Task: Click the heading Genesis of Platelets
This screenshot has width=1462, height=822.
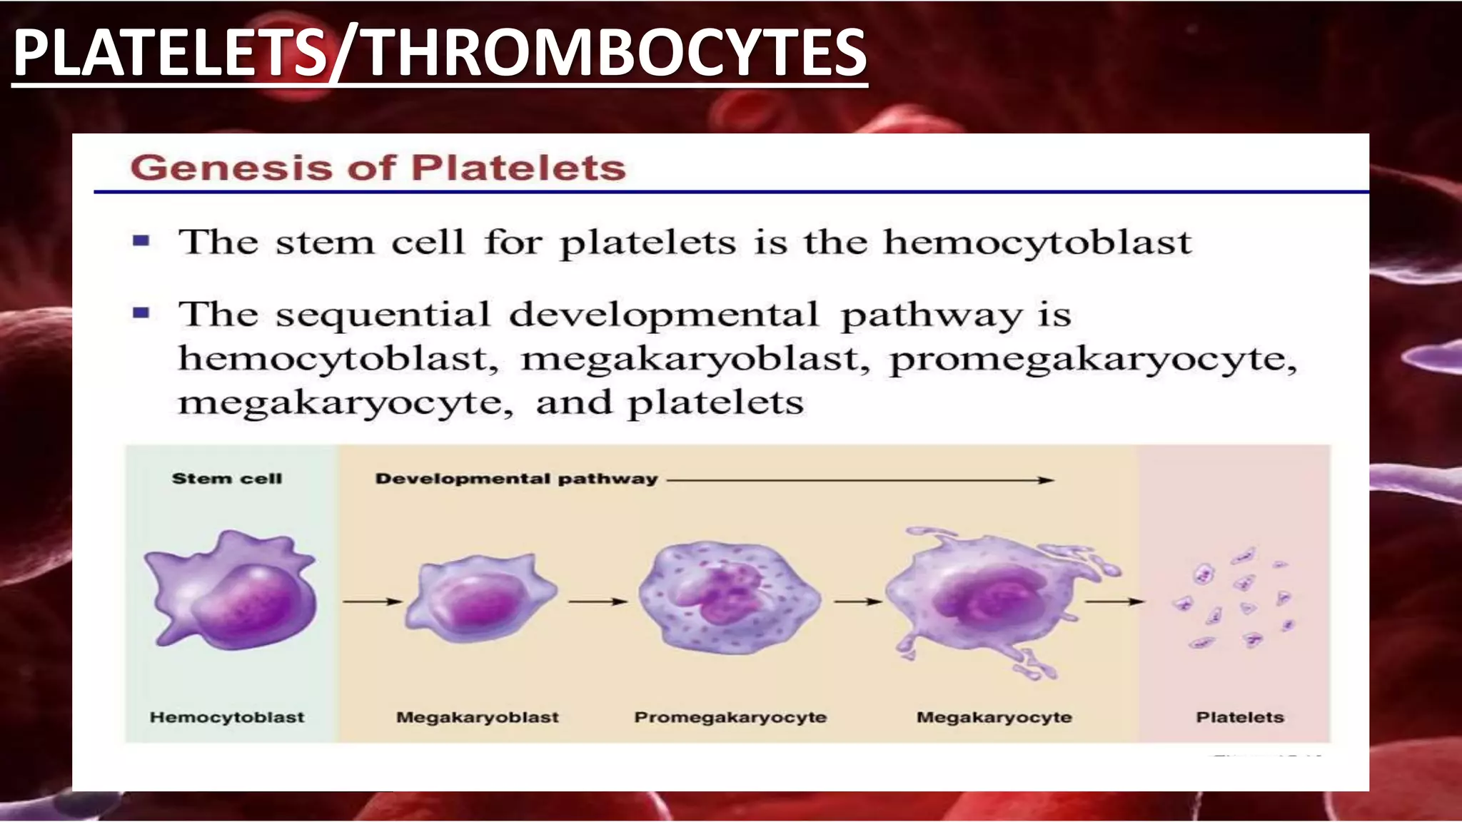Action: [x=378, y=168]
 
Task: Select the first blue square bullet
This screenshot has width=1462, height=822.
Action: [x=141, y=241]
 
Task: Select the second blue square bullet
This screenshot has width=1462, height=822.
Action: [x=141, y=313]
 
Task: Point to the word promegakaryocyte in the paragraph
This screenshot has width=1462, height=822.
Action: [x=1092, y=359]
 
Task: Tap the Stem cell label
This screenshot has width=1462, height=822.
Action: [x=227, y=479]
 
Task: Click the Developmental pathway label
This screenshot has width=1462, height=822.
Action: [x=516, y=479]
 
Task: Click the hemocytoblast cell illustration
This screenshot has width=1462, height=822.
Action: [x=232, y=591]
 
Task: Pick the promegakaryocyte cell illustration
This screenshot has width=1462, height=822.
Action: [x=729, y=598]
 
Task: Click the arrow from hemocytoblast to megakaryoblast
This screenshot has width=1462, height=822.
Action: [x=372, y=602]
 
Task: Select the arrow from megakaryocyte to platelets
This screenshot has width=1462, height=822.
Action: [x=1114, y=602]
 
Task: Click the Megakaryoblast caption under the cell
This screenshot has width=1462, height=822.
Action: [x=478, y=718]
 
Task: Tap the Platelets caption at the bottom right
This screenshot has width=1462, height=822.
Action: [x=1240, y=718]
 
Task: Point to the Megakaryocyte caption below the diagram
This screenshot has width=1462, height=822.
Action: [x=994, y=718]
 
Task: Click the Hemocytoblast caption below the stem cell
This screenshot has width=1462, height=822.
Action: [x=227, y=718]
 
